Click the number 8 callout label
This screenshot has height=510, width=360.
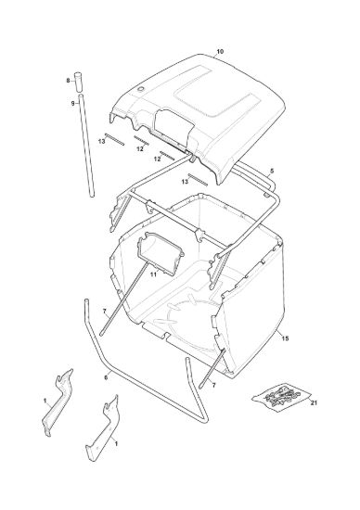coord(68,81)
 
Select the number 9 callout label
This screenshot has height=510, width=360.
coord(73,104)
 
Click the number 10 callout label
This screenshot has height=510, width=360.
coord(220,51)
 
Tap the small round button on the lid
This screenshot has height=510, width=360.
coord(141,89)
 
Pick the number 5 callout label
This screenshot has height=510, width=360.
coord(272,171)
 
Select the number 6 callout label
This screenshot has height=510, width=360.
coord(106,377)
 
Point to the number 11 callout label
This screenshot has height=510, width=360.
coord(153,274)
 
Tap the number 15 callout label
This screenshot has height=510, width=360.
coord(285,338)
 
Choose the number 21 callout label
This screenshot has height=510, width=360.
coord(314,402)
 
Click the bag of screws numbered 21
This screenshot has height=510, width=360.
coord(280,397)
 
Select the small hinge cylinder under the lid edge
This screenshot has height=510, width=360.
coord(192,159)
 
